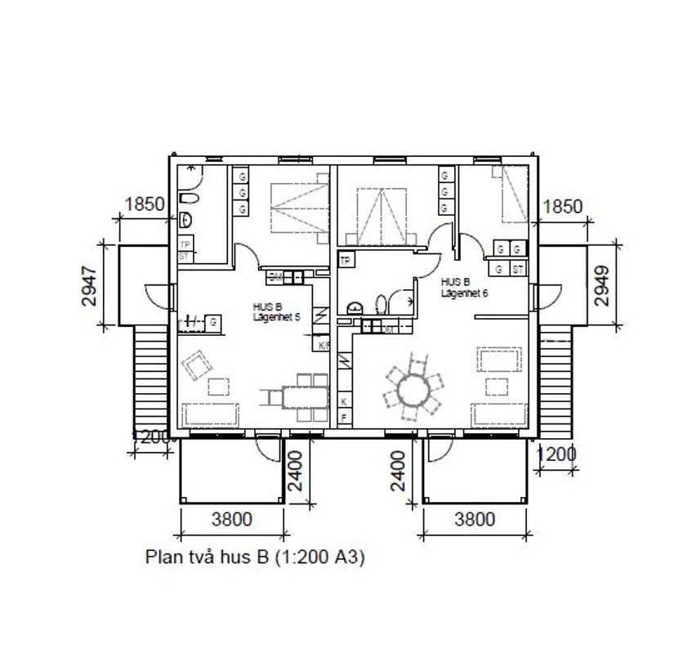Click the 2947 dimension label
89,286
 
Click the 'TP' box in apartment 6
346,261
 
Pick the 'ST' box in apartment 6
517,268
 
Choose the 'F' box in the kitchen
344,418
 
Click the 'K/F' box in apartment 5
324,346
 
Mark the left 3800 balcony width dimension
232,519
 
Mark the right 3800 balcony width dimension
474,519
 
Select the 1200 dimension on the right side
557,454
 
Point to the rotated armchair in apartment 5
195,365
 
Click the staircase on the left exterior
147,376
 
